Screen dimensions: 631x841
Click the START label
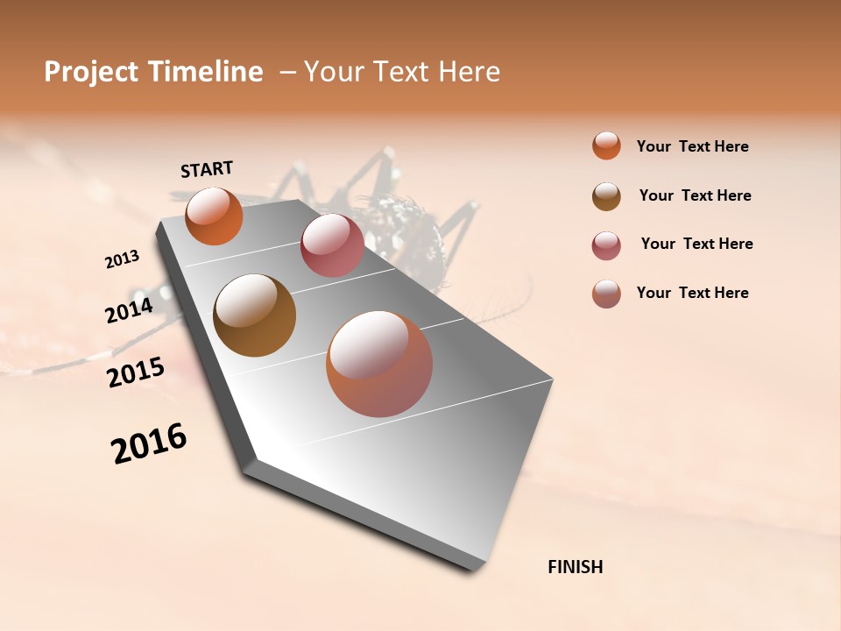click(207, 169)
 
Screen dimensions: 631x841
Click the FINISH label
click(575, 567)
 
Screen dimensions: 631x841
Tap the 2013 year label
click(122, 259)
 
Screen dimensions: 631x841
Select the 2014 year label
click(129, 310)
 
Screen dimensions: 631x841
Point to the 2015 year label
click(135, 372)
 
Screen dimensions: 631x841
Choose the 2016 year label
click(149, 443)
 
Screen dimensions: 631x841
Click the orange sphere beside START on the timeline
click(214, 216)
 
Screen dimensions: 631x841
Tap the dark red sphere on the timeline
click(332, 245)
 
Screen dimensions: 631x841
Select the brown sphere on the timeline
click(254, 315)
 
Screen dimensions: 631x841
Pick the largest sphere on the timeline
click(379, 364)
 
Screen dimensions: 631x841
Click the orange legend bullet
click(606, 145)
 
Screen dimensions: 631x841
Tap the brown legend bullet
click(606, 196)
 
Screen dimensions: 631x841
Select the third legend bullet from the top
click(606, 245)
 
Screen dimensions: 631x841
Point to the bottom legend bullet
click(606, 294)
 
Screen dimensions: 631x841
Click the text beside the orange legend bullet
click(692, 146)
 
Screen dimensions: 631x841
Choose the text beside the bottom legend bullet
click(692, 293)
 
